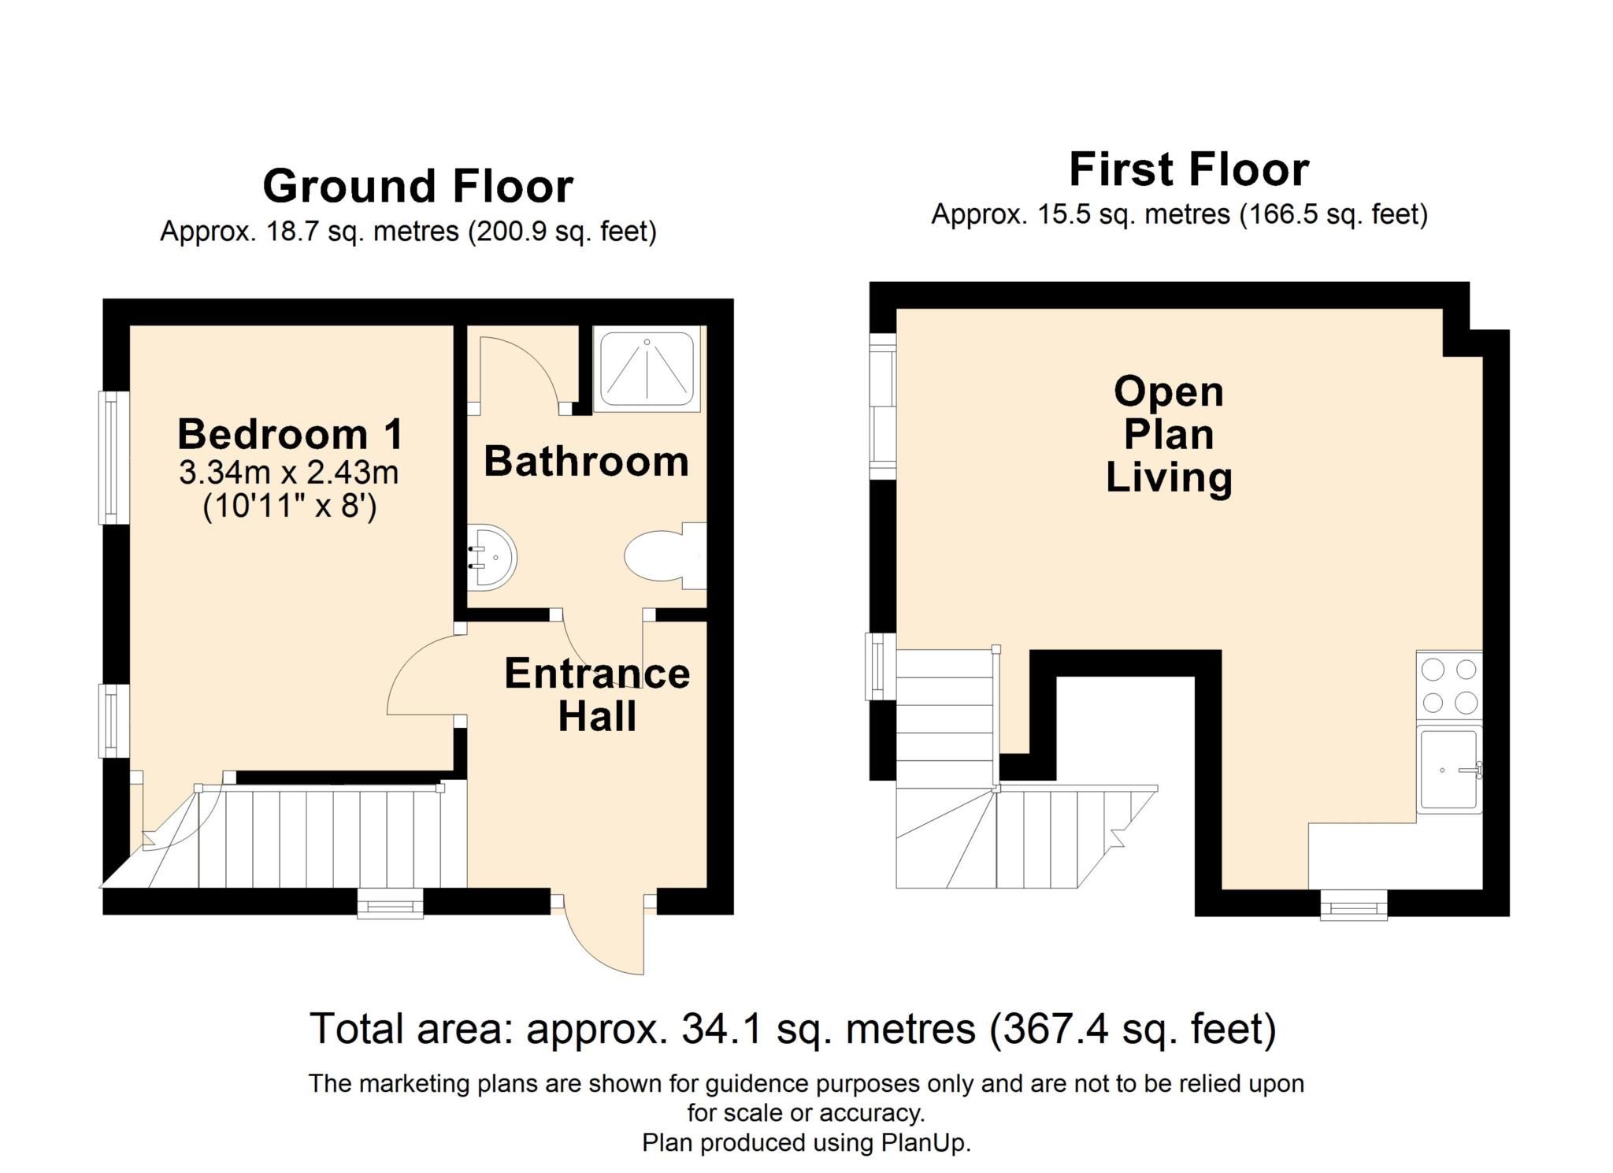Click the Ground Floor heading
tap(417, 187)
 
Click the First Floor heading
tap(1188, 170)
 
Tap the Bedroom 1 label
tap(290, 434)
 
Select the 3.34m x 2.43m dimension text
tap(288, 473)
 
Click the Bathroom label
tap(586, 462)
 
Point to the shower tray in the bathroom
tap(647, 369)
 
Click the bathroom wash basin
tap(493, 556)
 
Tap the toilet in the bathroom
tap(660, 556)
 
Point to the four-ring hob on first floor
tap(1448, 685)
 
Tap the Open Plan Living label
tap(1168, 435)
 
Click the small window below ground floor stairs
tap(390, 904)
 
